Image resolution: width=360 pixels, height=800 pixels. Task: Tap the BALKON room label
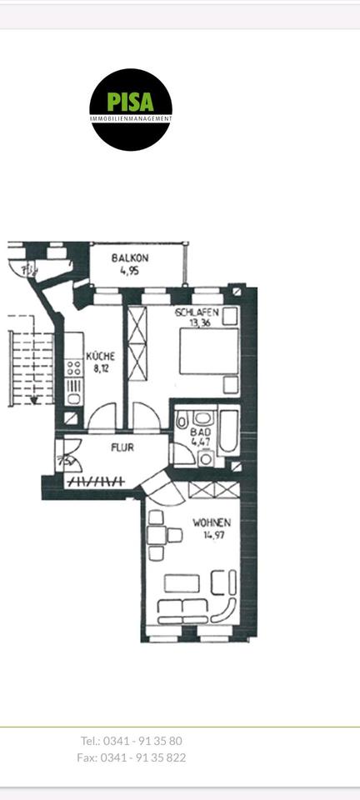[129, 258]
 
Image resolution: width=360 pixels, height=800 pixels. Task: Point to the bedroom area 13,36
[197, 323]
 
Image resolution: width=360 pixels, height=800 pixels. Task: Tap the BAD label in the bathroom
[199, 433]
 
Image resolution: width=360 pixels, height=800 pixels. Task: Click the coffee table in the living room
[181, 583]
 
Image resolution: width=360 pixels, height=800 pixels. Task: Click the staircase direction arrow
[34, 398]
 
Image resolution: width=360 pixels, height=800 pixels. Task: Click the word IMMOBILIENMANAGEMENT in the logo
[131, 119]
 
